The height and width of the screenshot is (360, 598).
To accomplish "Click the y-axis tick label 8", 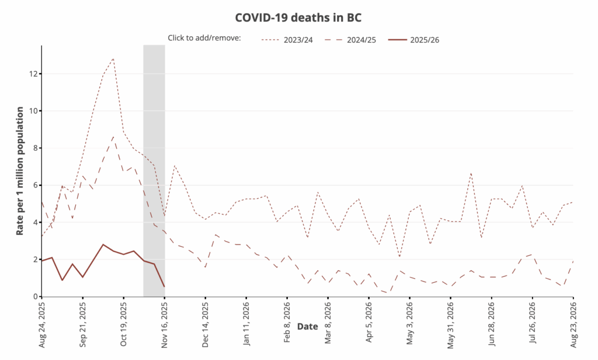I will click(x=35, y=148).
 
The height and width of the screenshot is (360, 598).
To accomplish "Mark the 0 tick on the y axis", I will click(x=35, y=296).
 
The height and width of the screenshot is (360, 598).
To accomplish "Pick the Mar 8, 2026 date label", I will click(x=328, y=322).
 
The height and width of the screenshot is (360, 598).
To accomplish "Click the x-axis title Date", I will click(x=307, y=327).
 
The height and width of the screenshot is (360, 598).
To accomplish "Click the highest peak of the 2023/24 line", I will click(x=113, y=58).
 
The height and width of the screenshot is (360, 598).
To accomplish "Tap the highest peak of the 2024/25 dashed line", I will click(x=113, y=137).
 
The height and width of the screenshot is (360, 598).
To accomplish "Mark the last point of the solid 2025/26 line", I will click(x=165, y=286).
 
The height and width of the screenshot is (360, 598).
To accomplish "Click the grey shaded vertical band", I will click(x=154, y=175).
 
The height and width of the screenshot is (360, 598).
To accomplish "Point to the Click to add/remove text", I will click(x=204, y=38).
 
